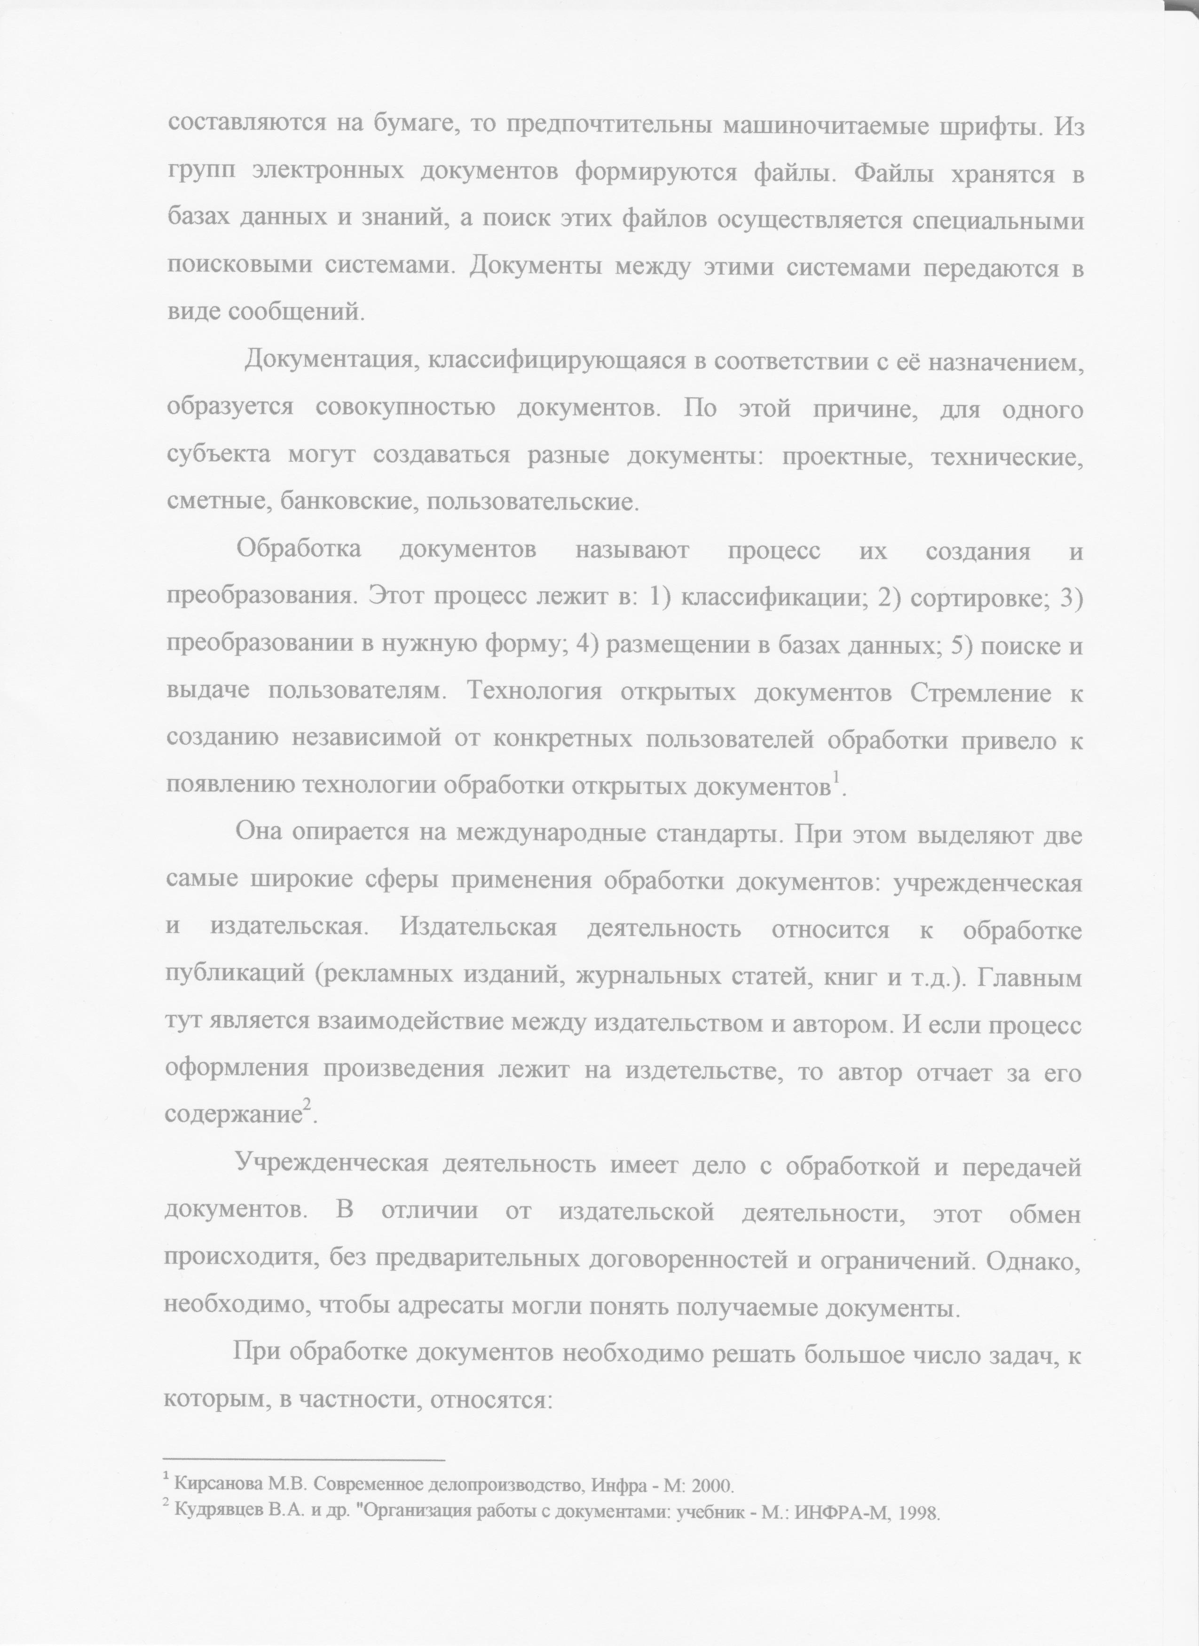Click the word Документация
[x=330, y=361]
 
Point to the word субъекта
[x=216, y=456]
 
